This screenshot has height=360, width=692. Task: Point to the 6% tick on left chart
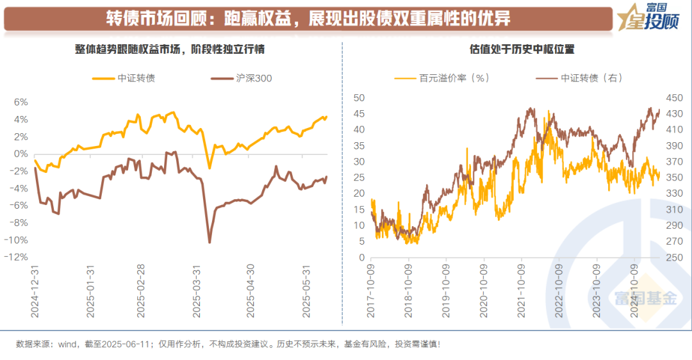21,102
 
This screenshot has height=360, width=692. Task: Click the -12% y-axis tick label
18,257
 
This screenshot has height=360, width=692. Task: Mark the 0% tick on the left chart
21,154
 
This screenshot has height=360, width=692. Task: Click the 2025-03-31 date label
197,291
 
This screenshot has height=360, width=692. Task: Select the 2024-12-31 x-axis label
35,291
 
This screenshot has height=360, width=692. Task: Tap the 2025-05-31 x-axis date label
306,291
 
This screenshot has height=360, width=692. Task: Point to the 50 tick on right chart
359,97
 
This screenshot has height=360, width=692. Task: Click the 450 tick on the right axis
674,97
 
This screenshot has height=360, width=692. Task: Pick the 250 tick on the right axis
674,257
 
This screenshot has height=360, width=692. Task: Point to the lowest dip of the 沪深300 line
210,242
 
